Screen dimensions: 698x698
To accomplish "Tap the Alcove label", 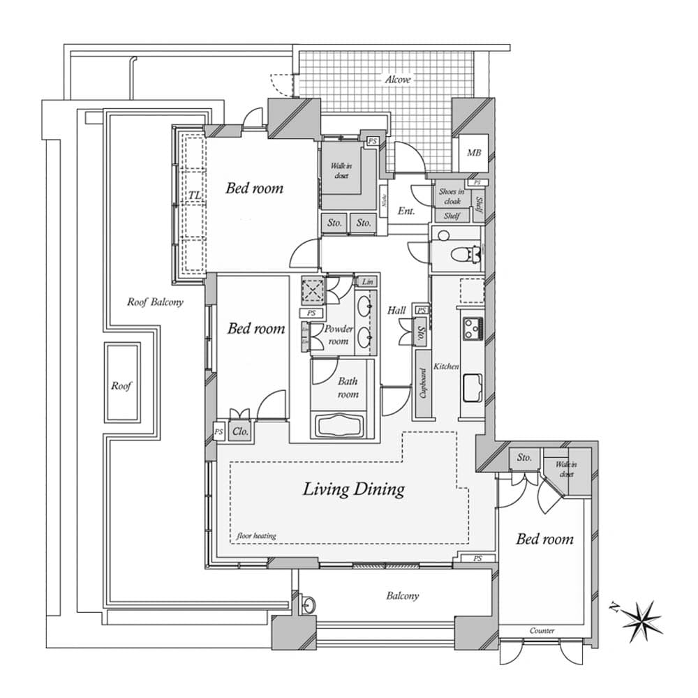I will coord(398,80).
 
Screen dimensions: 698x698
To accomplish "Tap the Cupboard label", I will coord(423,383).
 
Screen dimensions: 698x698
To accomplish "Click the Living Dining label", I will coord(353,489).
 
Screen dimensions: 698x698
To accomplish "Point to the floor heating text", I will coord(256,536).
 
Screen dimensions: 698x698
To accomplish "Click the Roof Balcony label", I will coord(155,302).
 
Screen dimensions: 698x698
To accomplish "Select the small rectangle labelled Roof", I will coord(121,385).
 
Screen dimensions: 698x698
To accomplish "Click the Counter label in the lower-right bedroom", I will coord(542,631).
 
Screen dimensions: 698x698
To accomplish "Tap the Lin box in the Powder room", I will coord(368,282).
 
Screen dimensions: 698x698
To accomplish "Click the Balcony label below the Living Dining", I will coord(403,596).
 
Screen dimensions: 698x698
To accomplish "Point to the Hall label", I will coord(396,311).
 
